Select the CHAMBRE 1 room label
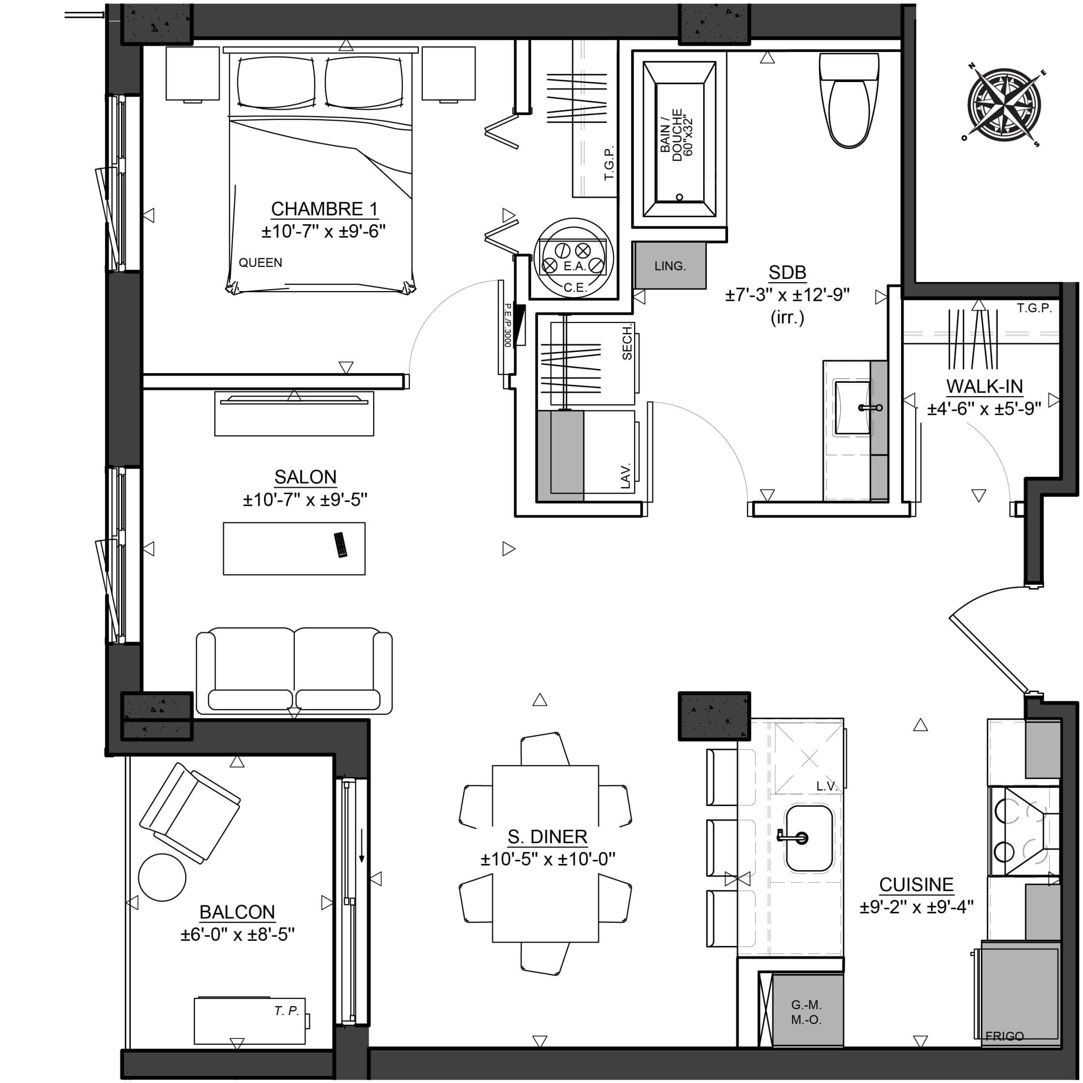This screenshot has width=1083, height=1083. click(324, 209)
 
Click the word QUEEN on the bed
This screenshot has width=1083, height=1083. click(260, 262)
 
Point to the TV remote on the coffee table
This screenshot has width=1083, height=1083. click(340, 545)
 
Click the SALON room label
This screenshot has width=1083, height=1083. click(305, 477)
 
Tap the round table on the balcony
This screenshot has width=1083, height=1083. click(162, 877)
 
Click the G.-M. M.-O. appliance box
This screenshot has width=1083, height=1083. click(807, 1011)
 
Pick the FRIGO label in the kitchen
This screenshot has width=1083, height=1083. click(1004, 1036)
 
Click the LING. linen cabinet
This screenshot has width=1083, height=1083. click(670, 266)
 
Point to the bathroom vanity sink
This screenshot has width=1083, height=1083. click(852, 408)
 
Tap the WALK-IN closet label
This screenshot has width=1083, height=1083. click(984, 387)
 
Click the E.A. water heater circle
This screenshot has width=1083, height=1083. click(574, 258)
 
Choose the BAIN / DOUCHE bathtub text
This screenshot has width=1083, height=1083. click(677, 135)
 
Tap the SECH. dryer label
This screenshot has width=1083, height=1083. click(627, 343)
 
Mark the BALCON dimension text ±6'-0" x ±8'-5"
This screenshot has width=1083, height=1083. click(237, 935)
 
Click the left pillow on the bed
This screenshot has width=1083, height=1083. click(277, 82)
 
